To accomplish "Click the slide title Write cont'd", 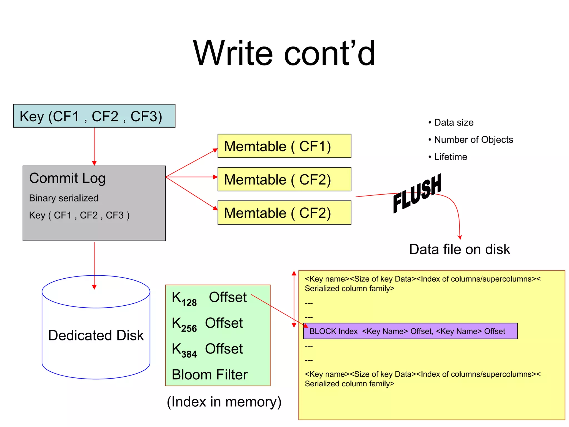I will coord(284,53).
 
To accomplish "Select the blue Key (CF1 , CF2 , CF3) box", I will coord(94,116).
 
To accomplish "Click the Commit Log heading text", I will coord(67,178).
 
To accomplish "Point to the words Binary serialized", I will coord(64,198).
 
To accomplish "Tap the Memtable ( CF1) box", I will coord(284,146).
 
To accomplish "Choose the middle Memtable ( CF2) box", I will coord(284,179).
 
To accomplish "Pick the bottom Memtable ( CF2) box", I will coord(284,213).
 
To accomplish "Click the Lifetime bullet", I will coord(450,157).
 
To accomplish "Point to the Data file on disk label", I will coord(460,249).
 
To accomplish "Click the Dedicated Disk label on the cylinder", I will coord(96,335).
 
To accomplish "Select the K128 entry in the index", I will coord(184,298).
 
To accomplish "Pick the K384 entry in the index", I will coord(184,350).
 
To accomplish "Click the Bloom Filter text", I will coord(209,375).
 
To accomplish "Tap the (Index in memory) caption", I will coord(224,402).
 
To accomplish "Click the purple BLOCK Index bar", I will coord(410,331).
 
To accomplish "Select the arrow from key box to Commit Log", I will coord(94,146).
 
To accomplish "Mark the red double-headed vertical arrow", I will coord(294,299).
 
